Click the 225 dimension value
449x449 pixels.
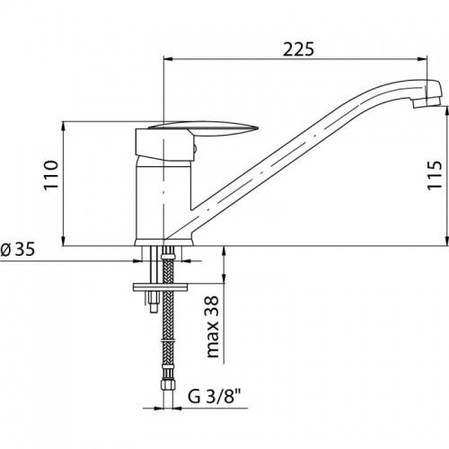[x=298, y=49]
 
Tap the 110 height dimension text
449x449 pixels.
[x=51, y=175]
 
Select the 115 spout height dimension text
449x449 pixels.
[x=435, y=175]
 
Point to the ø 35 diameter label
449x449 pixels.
[x=17, y=249]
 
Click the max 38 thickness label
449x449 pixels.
[x=213, y=327]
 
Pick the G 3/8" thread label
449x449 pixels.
[x=215, y=397]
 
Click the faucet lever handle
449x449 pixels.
[x=203, y=128]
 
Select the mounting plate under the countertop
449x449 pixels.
[x=160, y=287]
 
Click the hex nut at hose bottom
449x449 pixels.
[x=167, y=383]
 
